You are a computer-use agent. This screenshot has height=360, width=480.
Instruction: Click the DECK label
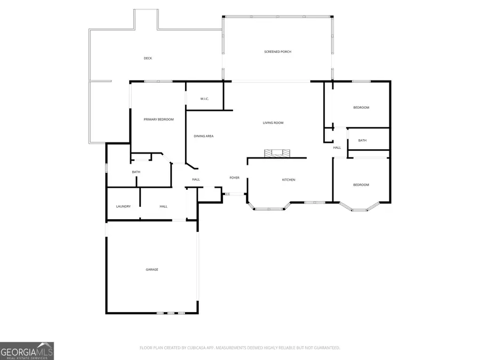coord(148,58)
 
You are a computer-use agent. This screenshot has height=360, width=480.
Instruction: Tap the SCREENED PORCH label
coord(278,52)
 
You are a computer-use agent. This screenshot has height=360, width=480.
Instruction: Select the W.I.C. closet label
coord(204,99)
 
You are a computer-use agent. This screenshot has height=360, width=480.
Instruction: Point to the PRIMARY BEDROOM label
coord(159,119)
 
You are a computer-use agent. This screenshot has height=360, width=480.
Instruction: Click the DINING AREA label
coord(203,136)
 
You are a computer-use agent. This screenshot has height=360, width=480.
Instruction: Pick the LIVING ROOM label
coord(273,123)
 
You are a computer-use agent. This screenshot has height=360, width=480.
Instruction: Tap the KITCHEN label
coord(289,180)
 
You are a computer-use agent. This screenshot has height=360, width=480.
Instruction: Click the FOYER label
coord(235,178)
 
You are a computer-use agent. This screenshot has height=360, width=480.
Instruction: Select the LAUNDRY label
coord(123,206)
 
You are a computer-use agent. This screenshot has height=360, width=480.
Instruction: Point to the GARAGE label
coord(152,270)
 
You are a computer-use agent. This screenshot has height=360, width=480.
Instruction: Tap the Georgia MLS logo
coord(27,351)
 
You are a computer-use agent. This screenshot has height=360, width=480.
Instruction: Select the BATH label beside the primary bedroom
coord(136,172)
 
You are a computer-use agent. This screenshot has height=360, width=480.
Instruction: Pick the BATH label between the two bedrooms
coord(362,141)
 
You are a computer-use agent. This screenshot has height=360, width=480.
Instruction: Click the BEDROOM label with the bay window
coord(361,185)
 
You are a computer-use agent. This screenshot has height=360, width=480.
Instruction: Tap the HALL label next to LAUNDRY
coord(163,206)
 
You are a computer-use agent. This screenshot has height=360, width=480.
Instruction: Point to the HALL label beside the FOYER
coord(196,179)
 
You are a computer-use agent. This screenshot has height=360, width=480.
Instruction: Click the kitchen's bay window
coord(269,209)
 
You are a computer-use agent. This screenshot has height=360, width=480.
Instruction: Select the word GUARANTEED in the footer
coord(324,348)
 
